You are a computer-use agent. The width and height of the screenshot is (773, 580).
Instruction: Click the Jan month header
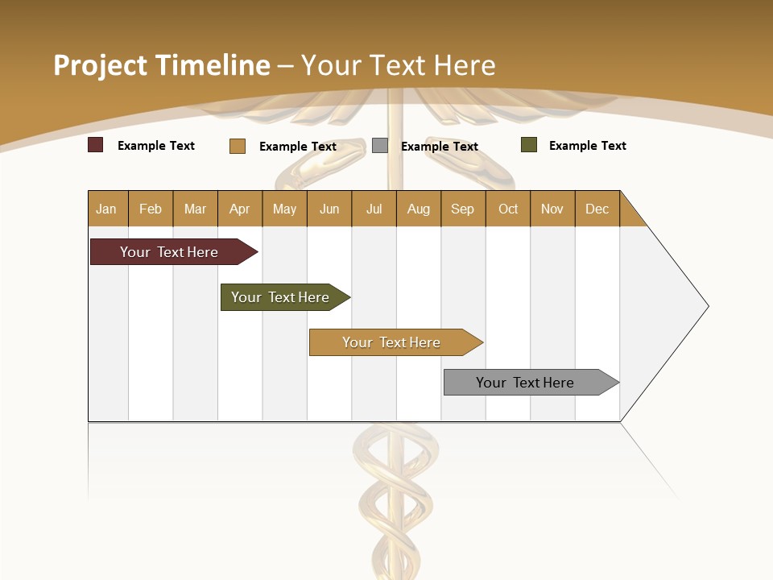[x=107, y=209]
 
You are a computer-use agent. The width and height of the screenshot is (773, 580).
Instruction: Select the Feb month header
[x=151, y=209]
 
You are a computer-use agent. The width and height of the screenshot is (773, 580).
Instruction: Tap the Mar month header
[x=195, y=209]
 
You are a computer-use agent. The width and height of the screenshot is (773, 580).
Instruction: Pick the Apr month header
[x=240, y=209]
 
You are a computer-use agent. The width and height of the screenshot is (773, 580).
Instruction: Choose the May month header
[x=284, y=209]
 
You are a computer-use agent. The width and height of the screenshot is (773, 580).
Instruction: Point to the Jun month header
[x=329, y=209]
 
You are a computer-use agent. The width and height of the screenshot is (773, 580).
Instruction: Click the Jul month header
[x=374, y=209]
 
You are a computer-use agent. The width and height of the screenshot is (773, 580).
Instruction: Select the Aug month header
[x=419, y=209]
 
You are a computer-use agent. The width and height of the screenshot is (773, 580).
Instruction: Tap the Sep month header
[x=463, y=209]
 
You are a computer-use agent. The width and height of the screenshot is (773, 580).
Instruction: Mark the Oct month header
[x=508, y=209]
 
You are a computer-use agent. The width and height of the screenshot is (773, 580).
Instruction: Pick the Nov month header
[x=552, y=209]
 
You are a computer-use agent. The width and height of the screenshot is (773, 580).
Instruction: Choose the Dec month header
[x=597, y=209]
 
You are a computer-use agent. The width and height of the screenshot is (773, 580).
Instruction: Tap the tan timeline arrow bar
[x=393, y=342]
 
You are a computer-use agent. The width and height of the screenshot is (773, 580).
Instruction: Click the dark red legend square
[x=96, y=145]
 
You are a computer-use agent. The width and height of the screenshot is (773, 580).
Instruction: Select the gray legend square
[x=380, y=146]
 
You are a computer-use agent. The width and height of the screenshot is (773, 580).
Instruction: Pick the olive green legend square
[x=528, y=145]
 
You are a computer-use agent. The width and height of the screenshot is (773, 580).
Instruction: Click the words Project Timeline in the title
[x=162, y=65]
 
